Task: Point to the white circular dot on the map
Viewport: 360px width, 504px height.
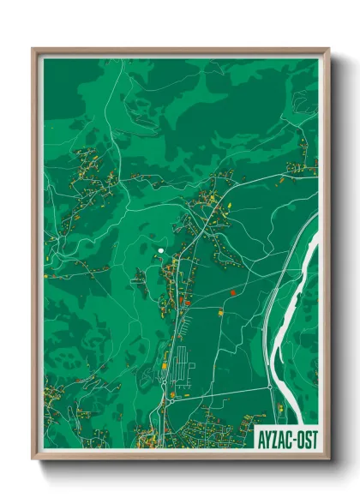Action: point(160,250)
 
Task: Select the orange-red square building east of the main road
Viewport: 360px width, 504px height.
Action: point(231,293)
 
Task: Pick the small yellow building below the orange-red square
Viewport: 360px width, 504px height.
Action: point(220,314)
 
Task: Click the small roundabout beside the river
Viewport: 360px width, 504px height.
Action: point(270,387)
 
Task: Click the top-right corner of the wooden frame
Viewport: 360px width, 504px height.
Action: point(328,50)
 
